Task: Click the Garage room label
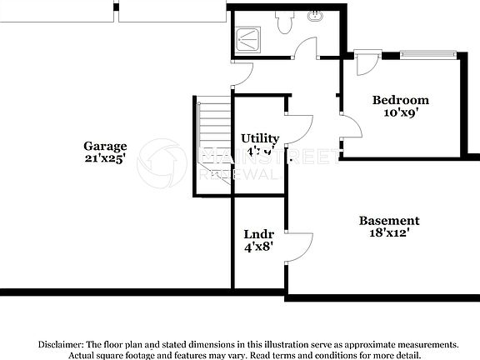[105, 145]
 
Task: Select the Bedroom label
[400, 100]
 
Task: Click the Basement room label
[389, 221]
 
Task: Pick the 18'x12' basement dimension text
[389, 233]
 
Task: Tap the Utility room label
[260, 138]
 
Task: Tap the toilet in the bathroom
[284, 22]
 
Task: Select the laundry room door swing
[300, 242]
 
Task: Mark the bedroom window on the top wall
[429, 55]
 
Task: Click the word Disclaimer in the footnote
[59, 344]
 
